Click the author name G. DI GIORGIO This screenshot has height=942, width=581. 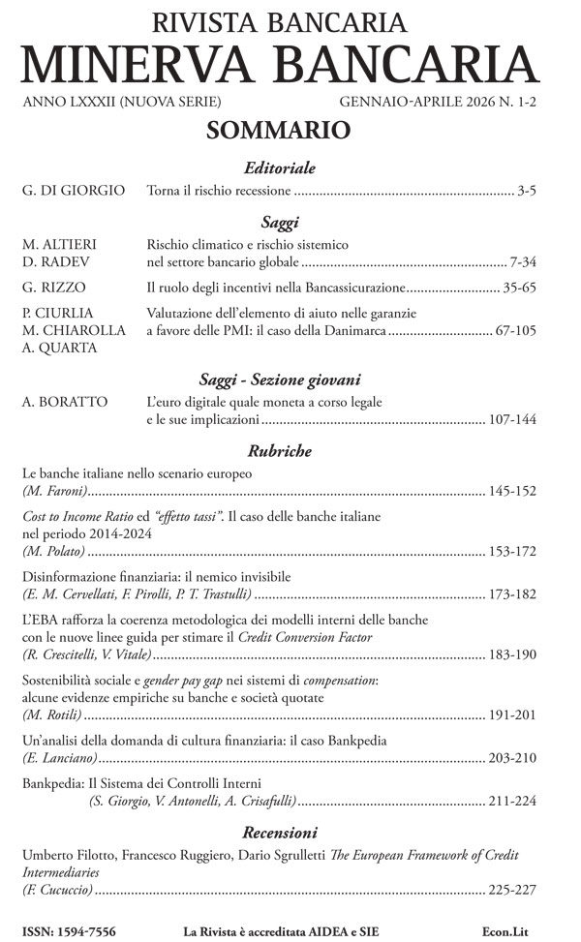[x=74, y=191]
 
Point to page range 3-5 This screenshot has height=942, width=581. [x=527, y=191]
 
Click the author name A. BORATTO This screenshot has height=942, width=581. [x=63, y=402]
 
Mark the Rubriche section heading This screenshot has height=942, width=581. [x=279, y=450]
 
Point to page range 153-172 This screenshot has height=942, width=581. [x=511, y=551]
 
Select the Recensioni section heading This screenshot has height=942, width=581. [x=280, y=833]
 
